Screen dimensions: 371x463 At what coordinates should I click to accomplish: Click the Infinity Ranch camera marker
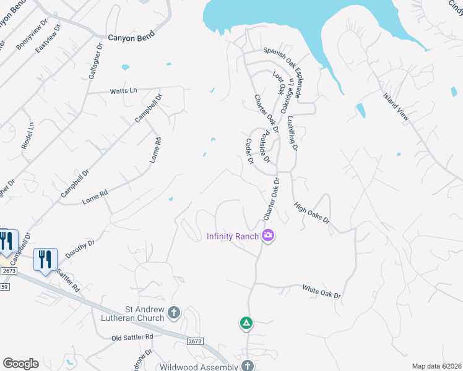tap(268, 236)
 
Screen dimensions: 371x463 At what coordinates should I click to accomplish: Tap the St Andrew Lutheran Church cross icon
tap(174, 313)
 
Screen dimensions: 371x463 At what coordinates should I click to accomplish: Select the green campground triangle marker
tap(246, 323)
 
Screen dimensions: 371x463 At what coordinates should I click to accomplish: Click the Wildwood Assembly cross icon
tap(248, 366)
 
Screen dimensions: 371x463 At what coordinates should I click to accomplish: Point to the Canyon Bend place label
tap(130, 38)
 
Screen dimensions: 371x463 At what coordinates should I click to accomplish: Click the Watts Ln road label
tap(123, 91)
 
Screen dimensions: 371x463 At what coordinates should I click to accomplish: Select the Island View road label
tap(396, 106)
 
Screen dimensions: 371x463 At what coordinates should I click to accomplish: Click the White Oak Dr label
tap(321, 291)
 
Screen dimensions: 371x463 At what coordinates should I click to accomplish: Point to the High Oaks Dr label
tap(312, 212)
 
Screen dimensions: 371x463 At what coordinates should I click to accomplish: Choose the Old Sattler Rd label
tap(132, 337)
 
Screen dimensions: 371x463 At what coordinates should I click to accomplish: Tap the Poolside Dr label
tap(265, 146)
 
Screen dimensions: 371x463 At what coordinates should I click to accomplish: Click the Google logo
tap(20, 363)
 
